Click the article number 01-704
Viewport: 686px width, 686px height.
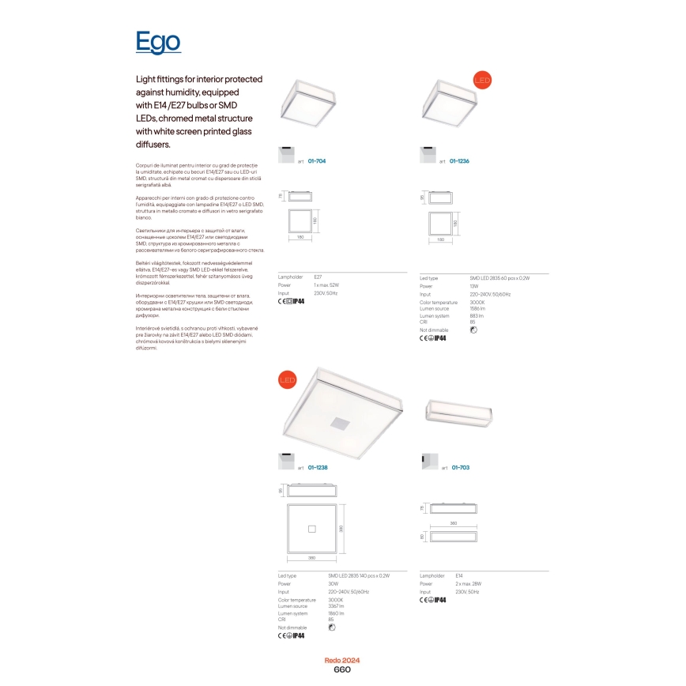tap(316, 160)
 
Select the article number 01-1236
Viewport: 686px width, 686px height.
tap(459, 160)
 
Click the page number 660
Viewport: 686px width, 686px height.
tap(342, 669)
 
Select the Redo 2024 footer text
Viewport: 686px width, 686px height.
tap(342, 660)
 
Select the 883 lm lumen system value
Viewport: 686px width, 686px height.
tap(477, 316)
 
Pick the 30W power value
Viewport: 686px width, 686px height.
tap(333, 584)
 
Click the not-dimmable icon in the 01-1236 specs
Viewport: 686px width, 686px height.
tap(473, 330)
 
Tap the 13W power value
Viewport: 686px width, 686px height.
tap(474, 286)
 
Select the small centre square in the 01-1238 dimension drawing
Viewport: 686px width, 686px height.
tap(311, 528)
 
